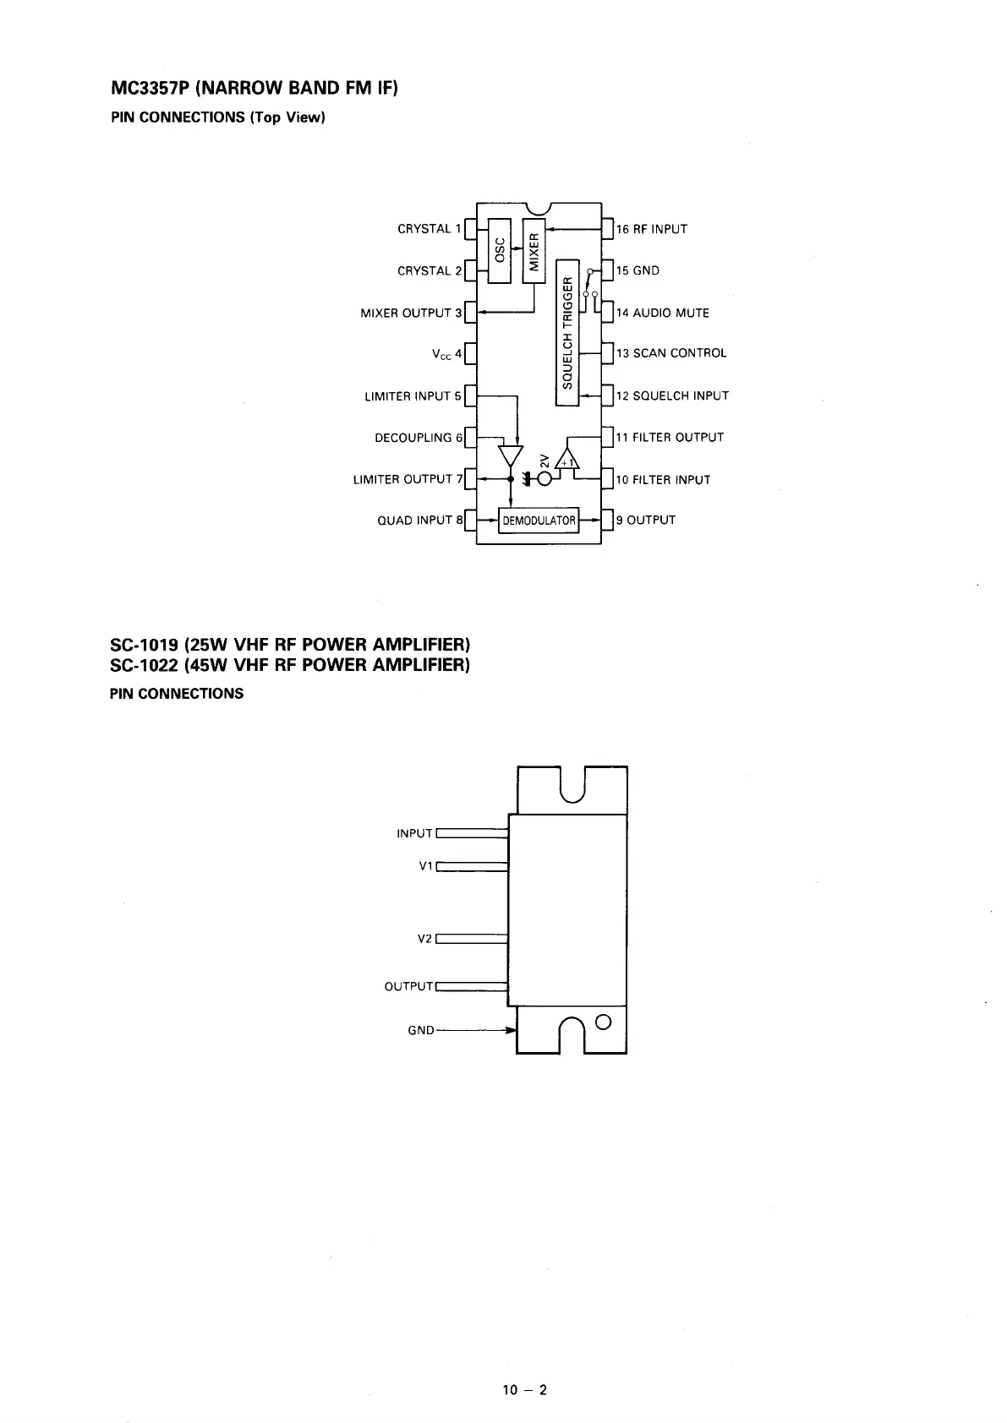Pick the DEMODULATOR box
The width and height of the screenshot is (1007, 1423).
[539, 521]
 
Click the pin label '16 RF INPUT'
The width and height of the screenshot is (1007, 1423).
[651, 229]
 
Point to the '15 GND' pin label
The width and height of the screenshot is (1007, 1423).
[638, 270]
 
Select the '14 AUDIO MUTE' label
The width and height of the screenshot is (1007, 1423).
[662, 313]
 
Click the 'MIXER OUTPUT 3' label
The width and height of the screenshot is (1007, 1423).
[411, 313]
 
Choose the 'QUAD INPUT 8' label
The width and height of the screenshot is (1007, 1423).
[420, 521]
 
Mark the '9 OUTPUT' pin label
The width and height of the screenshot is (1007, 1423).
[645, 521]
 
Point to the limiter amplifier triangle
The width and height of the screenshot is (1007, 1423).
[510, 455]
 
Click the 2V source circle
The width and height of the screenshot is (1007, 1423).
[545, 480]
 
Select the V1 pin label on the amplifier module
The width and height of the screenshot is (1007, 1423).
[426, 866]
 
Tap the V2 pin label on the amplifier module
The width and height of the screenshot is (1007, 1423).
[426, 939]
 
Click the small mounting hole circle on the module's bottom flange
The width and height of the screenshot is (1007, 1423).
[603, 1020]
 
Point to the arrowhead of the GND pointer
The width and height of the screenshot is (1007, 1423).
[511, 1030]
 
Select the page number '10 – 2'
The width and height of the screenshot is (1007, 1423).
[525, 1389]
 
